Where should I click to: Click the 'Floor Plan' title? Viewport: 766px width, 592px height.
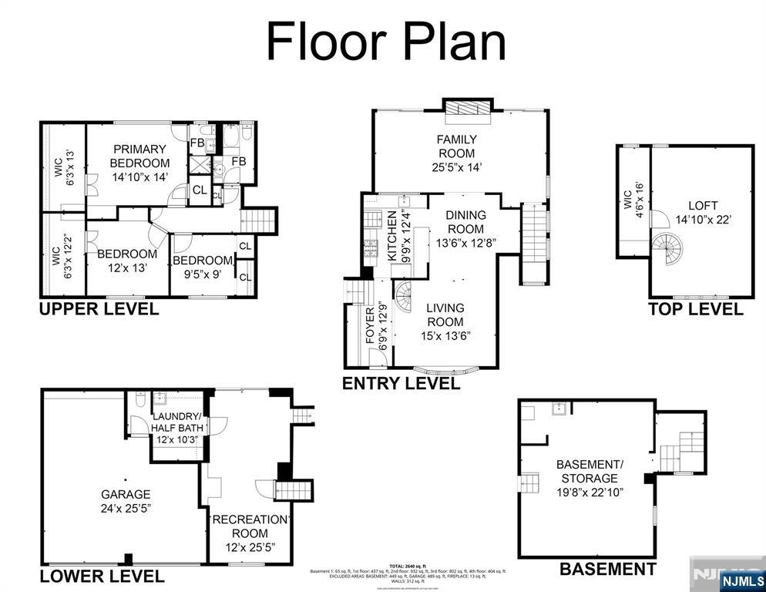pyautogui.click(x=385, y=42)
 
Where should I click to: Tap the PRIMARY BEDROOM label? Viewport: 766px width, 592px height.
pyautogui.click(x=139, y=156)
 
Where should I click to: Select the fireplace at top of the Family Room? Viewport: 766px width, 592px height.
pyautogui.click(x=467, y=109)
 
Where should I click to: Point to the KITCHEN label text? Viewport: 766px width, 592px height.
pyautogui.click(x=391, y=236)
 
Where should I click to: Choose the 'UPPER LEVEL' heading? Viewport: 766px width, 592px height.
pyautogui.click(x=99, y=309)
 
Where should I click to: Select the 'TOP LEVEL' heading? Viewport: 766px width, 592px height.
pyautogui.click(x=695, y=309)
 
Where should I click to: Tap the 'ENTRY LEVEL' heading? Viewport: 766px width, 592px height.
pyautogui.click(x=401, y=383)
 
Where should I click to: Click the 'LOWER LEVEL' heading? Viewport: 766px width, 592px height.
pyautogui.click(x=102, y=576)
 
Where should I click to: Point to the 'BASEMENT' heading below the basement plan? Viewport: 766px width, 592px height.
pyautogui.click(x=607, y=570)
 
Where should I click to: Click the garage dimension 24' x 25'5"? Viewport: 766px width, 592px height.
pyautogui.click(x=126, y=508)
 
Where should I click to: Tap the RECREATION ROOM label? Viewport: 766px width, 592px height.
pyautogui.click(x=250, y=526)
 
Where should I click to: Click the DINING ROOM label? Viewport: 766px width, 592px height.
pyautogui.click(x=465, y=222)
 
